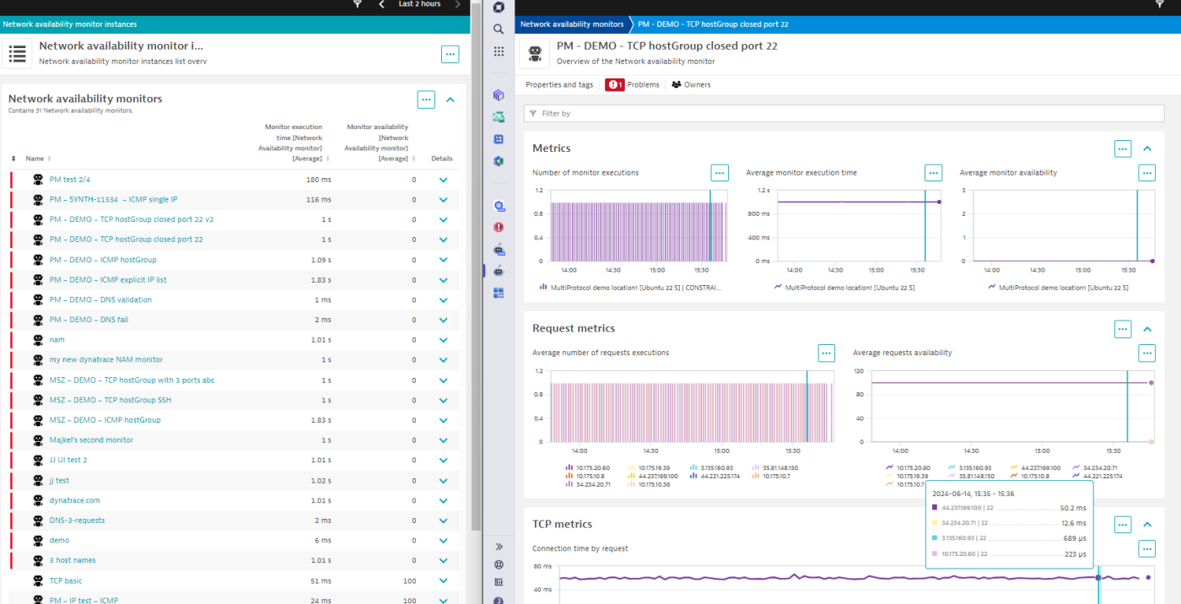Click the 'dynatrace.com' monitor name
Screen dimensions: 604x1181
tap(74, 500)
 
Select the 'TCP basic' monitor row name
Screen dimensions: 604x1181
tap(66, 580)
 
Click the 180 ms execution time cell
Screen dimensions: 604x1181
tap(318, 180)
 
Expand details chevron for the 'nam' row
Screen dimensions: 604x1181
tap(443, 340)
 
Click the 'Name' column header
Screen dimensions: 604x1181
tap(35, 159)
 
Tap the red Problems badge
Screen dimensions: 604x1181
tap(614, 85)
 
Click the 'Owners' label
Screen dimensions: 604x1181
tap(697, 85)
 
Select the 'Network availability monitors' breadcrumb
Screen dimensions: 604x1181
tap(572, 24)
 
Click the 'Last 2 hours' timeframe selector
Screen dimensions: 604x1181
tap(419, 4)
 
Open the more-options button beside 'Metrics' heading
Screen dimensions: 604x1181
tap(1122, 148)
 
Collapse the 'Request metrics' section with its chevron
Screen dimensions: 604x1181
tap(1147, 329)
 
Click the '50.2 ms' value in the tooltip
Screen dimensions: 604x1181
tap(1073, 508)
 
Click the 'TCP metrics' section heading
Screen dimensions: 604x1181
tap(562, 524)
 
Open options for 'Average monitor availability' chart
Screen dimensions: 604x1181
tap(1146, 173)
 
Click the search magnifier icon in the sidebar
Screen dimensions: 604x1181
tap(499, 30)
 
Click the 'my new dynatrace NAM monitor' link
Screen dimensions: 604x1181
tap(105, 359)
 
